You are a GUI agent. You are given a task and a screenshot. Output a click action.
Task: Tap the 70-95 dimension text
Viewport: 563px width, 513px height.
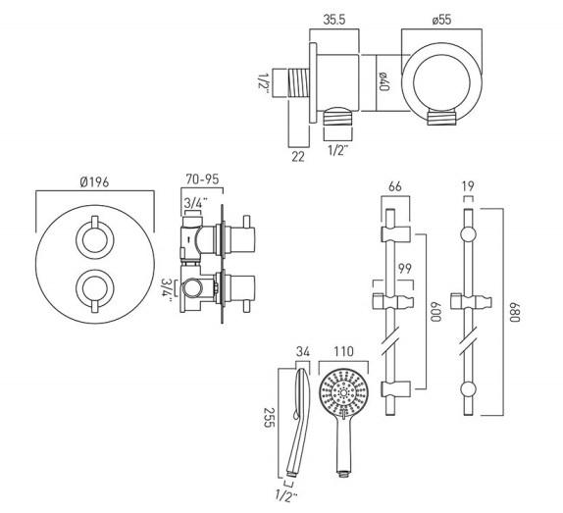pyautogui.click(x=204, y=181)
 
